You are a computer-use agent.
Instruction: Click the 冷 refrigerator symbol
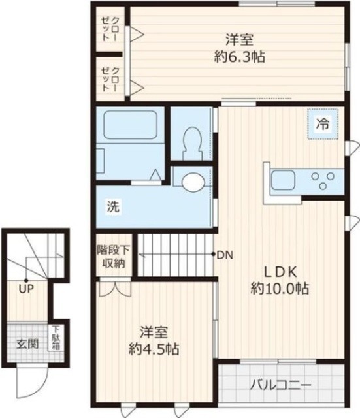[x=323, y=123]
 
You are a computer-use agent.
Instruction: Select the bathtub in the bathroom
[x=130, y=125]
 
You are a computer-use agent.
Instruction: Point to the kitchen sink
[x=283, y=180]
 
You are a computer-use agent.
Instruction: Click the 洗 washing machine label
[x=113, y=206]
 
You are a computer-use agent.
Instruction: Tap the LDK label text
[x=280, y=272]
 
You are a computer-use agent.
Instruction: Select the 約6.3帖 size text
[x=240, y=57]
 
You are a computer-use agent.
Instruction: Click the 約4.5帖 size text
[x=154, y=349]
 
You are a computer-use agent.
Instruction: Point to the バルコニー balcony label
[x=280, y=385]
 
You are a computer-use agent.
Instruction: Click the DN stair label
[x=225, y=255]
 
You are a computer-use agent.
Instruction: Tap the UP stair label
[x=26, y=289]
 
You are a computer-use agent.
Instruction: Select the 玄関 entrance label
[x=27, y=344]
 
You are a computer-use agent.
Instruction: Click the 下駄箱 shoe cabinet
[x=56, y=338]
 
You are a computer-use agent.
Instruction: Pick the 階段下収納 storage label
[x=114, y=257]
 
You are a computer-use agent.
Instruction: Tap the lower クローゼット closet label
[x=110, y=80]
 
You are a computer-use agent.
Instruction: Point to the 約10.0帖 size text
[x=280, y=289]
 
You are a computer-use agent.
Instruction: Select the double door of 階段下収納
[x=115, y=287]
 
